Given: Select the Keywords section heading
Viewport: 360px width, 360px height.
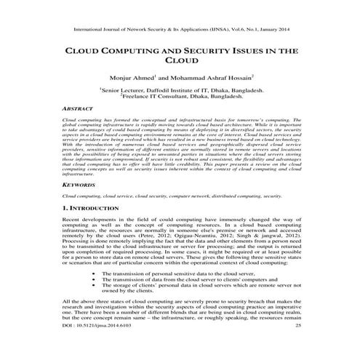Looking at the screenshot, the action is click(81, 185).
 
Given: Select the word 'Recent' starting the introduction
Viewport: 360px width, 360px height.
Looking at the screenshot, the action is click(74, 220).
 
